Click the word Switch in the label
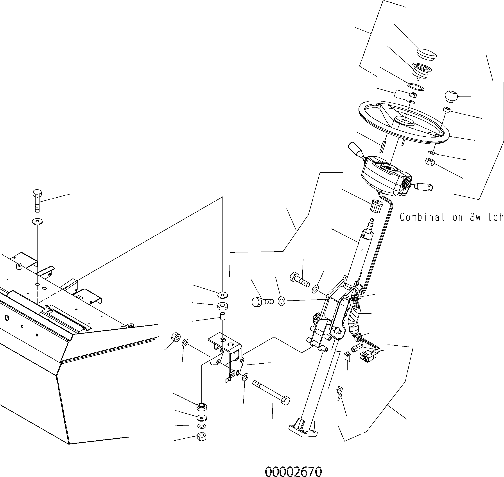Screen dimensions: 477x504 pyautogui.click(x=486, y=217)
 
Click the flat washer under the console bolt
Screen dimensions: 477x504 pyautogui.click(x=37, y=221)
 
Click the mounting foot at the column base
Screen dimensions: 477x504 pyautogui.click(x=303, y=429)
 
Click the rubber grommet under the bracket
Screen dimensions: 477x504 pyautogui.click(x=202, y=406)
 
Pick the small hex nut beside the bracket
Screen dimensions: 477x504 pyautogui.click(x=176, y=337)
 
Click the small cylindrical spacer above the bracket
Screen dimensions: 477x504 pyautogui.click(x=223, y=316)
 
